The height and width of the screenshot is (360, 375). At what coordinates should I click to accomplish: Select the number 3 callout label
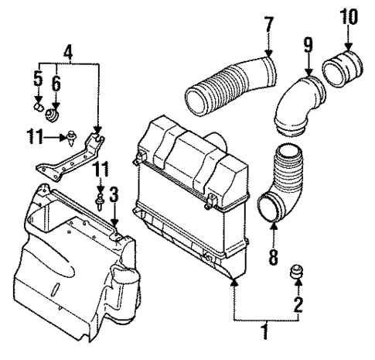click(114, 194)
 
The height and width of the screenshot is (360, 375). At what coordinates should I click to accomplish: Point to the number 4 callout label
click(68, 53)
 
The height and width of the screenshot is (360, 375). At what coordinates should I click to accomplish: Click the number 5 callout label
click(37, 77)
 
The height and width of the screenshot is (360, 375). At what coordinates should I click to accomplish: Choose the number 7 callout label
click(268, 24)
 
